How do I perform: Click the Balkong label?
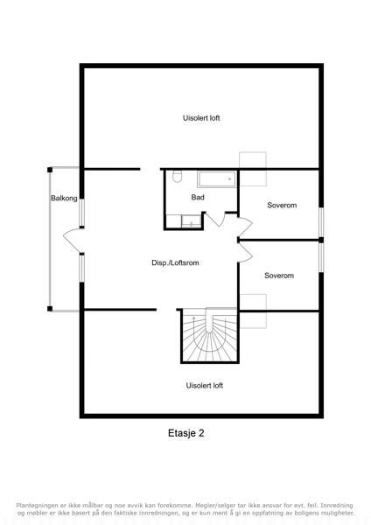coord(64,199)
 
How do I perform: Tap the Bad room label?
coord(198,197)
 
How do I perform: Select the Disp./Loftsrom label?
coord(175,262)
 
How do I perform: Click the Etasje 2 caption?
coord(185,433)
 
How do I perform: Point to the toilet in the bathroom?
coord(177,177)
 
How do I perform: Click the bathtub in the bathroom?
coord(217,179)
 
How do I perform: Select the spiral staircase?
coord(209,335)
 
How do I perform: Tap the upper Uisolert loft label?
coord(201,118)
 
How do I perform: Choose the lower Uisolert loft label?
coord(204,385)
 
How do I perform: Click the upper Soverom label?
coord(282,206)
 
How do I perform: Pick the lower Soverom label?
coord(279,276)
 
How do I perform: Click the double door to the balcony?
coord(73,241)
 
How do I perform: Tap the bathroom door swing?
coord(215,219)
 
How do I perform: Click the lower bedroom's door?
coord(245,253)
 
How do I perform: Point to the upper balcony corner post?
coord(50,170)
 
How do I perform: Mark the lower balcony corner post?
coord(50,309)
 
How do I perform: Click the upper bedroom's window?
coord(321,222)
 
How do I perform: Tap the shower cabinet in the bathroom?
coord(192,221)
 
